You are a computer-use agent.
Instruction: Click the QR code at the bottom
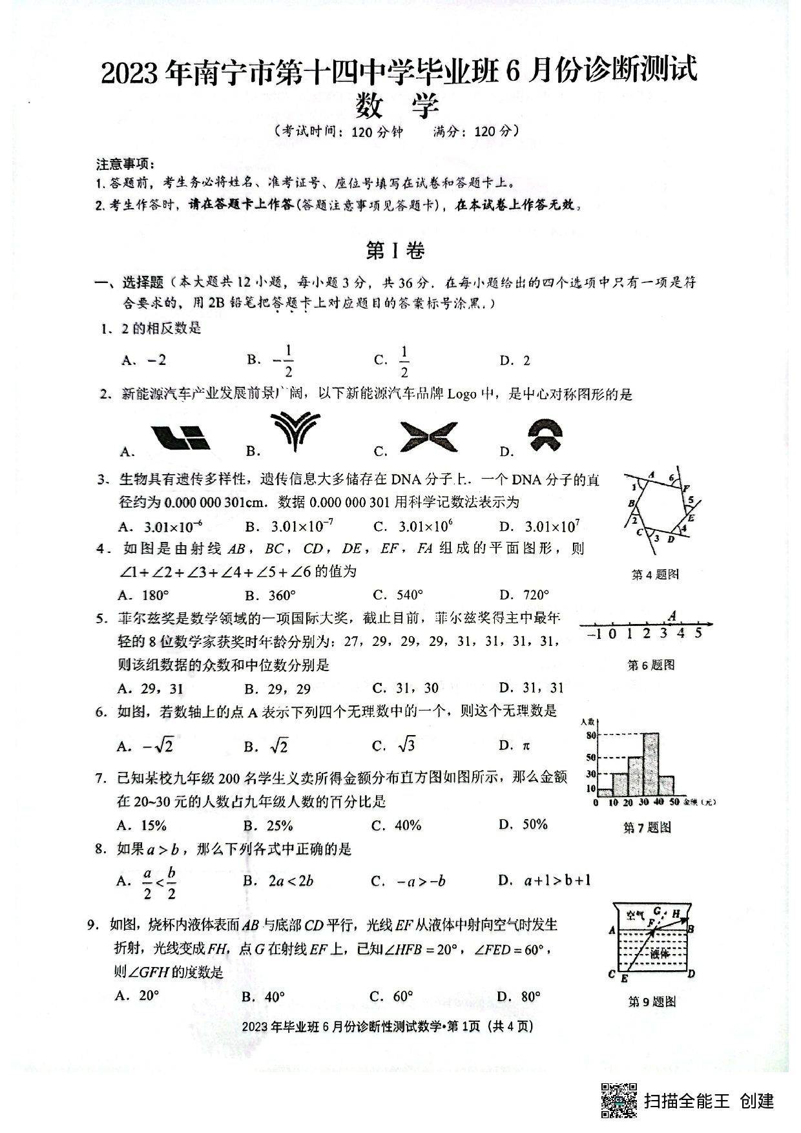tap(619, 1100)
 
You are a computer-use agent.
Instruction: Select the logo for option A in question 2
tap(180, 437)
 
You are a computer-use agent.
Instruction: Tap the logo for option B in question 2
tap(295, 431)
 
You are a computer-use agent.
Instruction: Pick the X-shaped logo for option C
tap(428, 437)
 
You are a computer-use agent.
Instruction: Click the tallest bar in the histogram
tap(651, 764)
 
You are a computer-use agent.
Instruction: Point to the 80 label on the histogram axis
tap(590, 735)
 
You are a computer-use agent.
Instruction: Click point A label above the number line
tap(672, 616)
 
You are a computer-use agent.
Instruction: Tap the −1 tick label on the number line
tap(594, 634)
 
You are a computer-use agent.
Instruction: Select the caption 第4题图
tap(655, 574)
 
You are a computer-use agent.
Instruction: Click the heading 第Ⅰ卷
tap(395, 251)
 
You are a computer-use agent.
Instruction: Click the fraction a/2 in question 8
tap(147, 883)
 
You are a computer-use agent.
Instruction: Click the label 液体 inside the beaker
tap(659, 953)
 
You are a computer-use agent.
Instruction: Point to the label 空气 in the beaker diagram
tap(636, 915)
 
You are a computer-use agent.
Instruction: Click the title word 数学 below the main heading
tap(397, 106)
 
